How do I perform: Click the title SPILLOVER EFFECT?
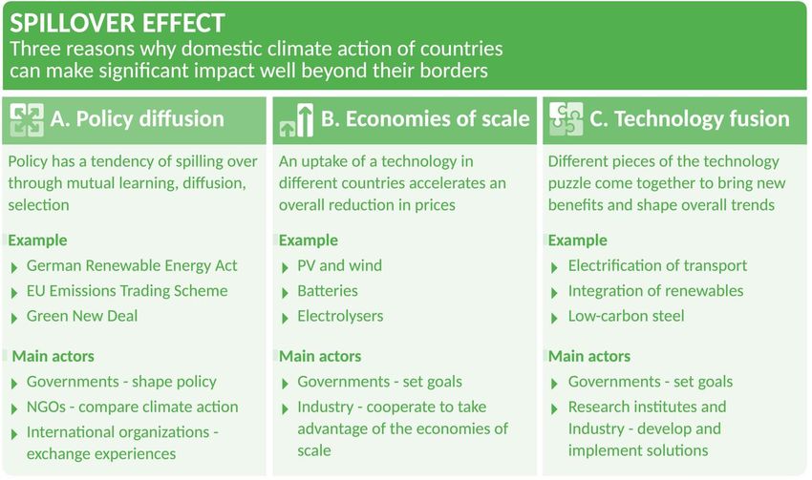point(118,23)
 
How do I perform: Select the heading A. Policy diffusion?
point(138,119)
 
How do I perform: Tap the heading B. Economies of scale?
point(425,119)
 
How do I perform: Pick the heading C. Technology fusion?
point(690,119)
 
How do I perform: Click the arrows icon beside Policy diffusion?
point(27,119)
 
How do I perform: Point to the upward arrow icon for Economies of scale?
point(297,120)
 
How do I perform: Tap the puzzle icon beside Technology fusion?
point(566,119)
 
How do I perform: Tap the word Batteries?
point(328,291)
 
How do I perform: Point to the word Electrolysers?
point(340,316)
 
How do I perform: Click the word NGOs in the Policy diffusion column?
point(46,407)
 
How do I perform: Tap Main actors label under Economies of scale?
point(320,356)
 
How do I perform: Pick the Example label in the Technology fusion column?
point(577,240)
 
